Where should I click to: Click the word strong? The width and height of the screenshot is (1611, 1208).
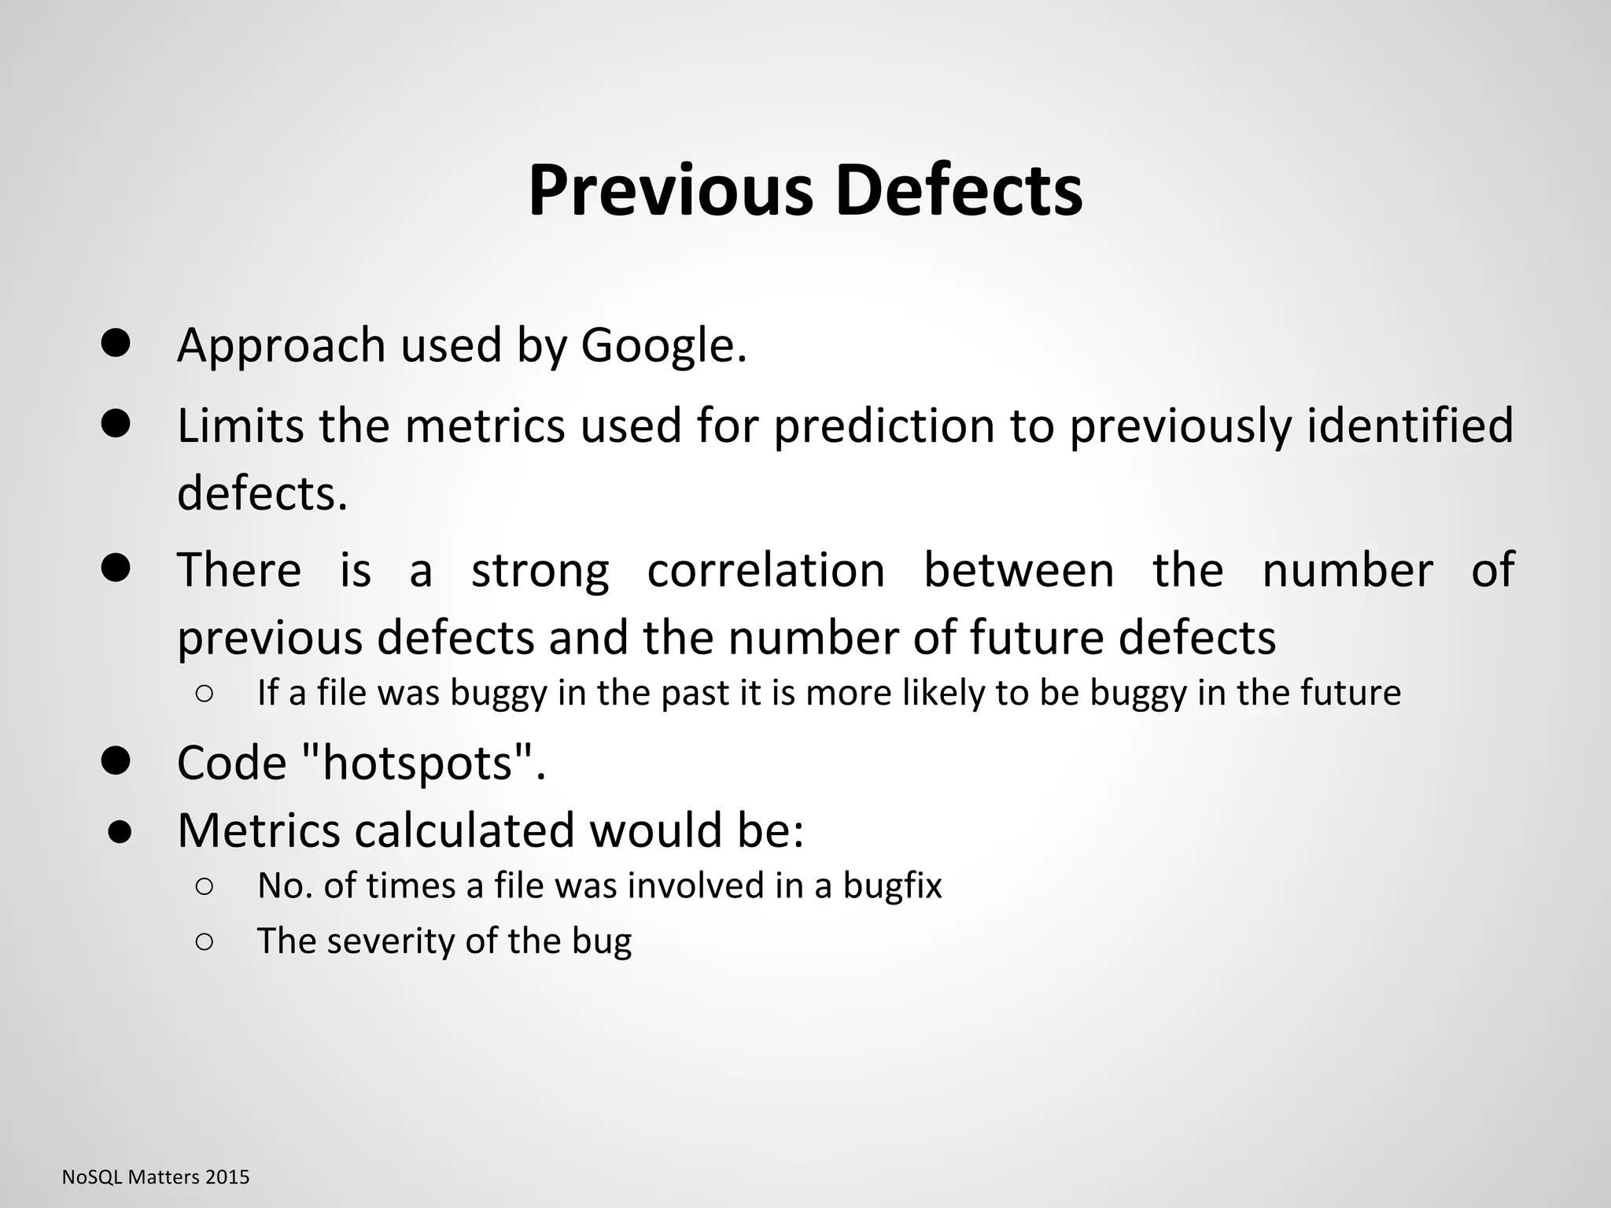540,570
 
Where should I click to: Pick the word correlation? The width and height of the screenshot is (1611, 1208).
765,570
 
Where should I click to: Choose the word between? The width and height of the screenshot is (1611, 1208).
1018,570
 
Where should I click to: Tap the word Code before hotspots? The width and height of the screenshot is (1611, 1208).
231,763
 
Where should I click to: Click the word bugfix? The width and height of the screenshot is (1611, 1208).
892,886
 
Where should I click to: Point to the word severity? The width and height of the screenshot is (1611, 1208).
389,941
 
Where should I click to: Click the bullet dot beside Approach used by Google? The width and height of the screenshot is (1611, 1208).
116,344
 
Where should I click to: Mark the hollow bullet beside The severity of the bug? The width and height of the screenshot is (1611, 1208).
203,941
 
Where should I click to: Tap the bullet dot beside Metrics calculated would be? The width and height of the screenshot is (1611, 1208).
120,832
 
